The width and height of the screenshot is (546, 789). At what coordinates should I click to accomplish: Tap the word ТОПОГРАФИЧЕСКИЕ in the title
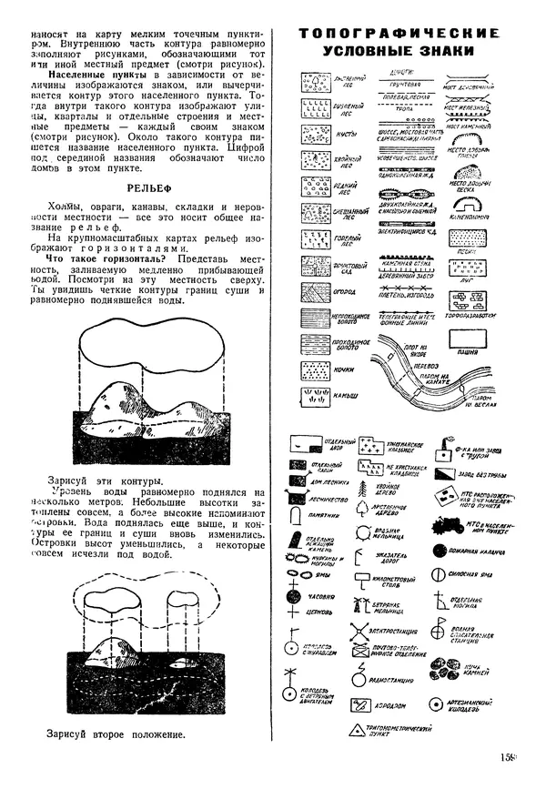(399, 35)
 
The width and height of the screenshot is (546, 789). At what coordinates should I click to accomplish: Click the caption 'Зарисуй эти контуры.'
(105, 479)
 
